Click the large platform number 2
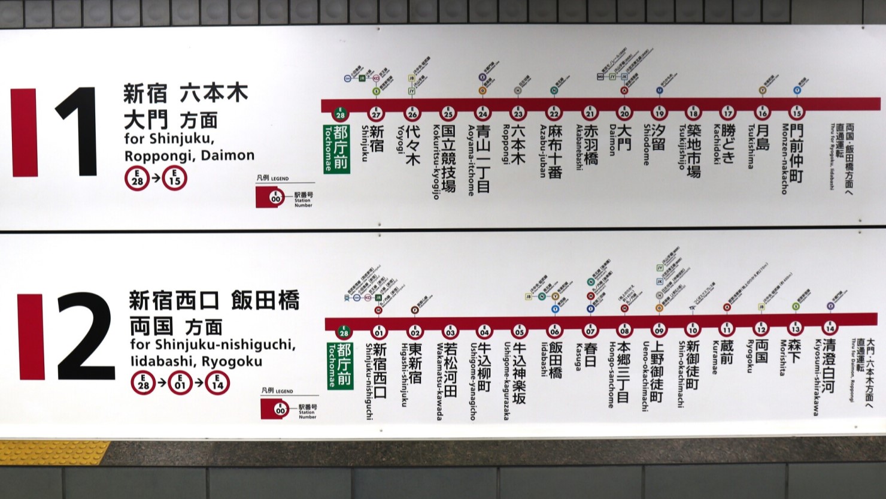click(x=84, y=337)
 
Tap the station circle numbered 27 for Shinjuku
click(x=376, y=114)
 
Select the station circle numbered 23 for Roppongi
click(x=518, y=113)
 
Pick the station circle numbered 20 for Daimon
click(x=624, y=113)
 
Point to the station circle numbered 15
click(x=797, y=113)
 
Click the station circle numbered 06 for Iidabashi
click(x=555, y=331)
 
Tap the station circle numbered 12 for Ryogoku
click(x=761, y=329)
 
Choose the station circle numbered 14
click(x=830, y=328)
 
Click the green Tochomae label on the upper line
click(x=339, y=148)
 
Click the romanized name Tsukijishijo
click(x=682, y=147)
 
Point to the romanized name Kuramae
click(x=715, y=358)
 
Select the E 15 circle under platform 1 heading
click(x=174, y=179)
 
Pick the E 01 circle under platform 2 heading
click(x=180, y=383)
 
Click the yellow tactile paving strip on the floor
click(x=54, y=452)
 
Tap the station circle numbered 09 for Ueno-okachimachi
click(x=659, y=329)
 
